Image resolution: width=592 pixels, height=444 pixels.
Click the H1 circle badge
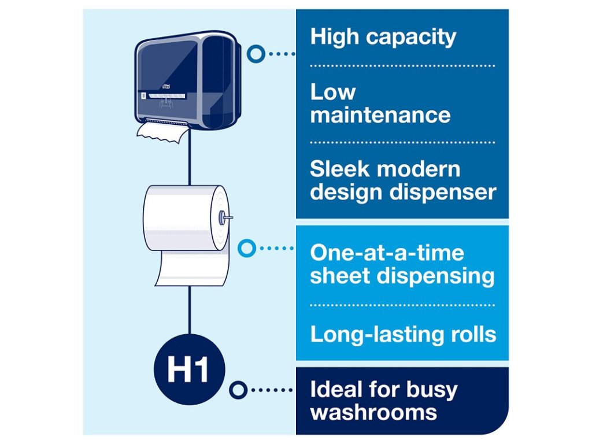189,370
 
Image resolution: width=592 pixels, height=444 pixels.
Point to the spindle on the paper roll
225,217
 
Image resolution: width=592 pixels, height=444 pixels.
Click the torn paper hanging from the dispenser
162,132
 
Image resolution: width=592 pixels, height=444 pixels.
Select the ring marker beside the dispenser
255,54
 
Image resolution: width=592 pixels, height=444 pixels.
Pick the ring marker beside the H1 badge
238,390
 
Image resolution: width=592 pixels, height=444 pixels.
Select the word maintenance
380,114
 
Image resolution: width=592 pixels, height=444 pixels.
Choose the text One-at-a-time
387,253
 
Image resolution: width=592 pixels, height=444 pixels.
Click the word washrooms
373,413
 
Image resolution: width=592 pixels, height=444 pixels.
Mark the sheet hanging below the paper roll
192,271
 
